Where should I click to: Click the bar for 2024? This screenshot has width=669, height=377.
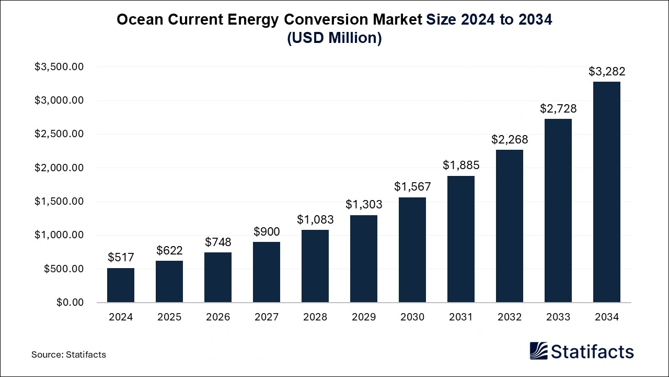121,285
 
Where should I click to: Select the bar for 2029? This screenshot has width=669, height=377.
364,259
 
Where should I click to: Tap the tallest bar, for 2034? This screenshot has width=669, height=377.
607,192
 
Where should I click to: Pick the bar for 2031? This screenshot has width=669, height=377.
461,239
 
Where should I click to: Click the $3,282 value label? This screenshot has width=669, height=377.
607,71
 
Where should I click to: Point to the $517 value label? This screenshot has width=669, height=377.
121,257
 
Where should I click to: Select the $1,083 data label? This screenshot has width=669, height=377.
315,219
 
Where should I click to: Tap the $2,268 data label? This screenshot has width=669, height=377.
510,139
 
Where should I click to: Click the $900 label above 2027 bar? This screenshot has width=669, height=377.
267,231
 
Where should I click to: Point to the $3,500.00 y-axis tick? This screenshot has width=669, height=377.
59,67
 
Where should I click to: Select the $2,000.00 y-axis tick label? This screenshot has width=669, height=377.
59,168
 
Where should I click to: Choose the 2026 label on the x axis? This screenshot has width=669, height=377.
218,317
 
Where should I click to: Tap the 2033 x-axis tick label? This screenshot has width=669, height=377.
558,317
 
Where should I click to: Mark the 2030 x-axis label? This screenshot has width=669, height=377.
412,317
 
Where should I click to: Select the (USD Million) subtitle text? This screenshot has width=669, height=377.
334,38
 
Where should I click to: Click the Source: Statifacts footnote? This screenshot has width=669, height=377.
68,354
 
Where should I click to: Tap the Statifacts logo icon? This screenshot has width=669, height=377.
539,351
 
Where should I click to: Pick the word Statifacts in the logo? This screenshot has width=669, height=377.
592,351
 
